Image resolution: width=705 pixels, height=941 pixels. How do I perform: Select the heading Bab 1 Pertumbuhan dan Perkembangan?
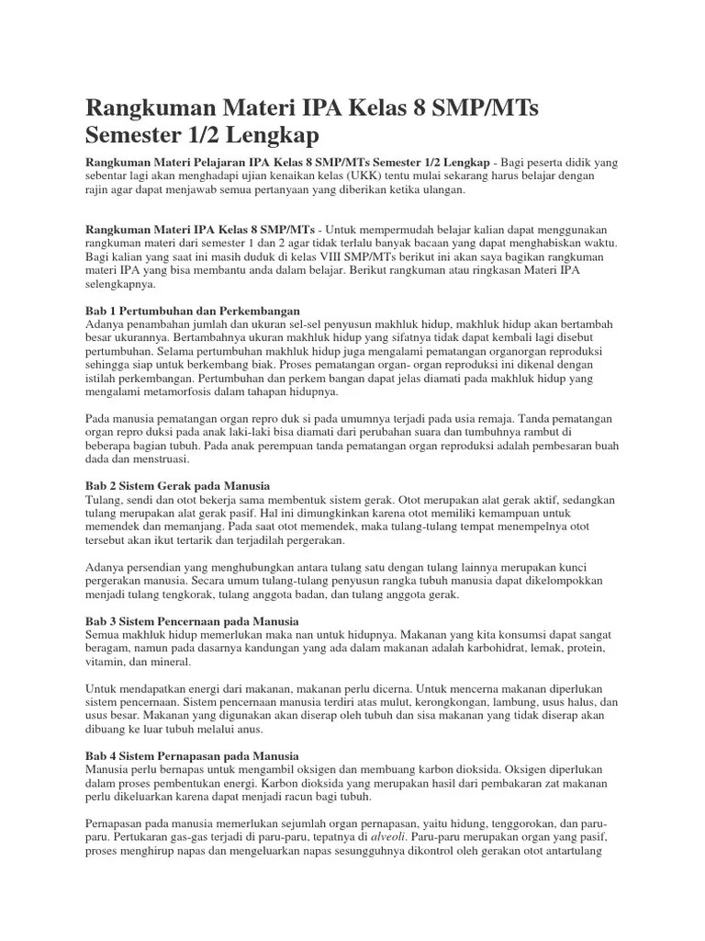(193, 311)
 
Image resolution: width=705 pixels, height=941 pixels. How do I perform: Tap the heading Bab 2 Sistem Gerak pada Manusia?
(177, 484)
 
